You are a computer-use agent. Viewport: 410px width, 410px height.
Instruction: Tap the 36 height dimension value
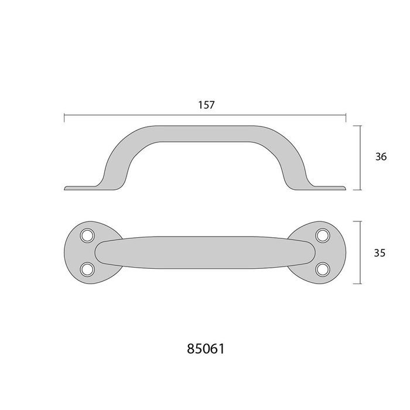click(x=380, y=156)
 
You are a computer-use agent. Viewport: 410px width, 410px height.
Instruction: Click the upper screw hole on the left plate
click(x=88, y=235)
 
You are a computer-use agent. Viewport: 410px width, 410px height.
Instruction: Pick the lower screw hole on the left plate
click(x=88, y=269)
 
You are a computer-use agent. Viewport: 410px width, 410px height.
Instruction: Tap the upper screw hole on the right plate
click(x=322, y=235)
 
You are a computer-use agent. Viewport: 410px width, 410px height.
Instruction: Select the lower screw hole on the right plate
click(x=322, y=269)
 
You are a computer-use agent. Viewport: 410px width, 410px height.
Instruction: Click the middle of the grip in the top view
click(x=205, y=252)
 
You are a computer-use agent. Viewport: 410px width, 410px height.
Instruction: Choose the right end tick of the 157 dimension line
click(x=346, y=118)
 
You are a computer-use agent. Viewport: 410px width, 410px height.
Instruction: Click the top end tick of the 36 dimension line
click(x=358, y=124)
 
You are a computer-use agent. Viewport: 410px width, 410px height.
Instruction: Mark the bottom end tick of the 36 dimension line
click(x=358, y=190)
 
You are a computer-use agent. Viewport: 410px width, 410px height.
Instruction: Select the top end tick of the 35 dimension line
click(x=358, y=221)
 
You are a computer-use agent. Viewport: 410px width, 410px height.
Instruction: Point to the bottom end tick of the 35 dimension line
click(x=358, y=283)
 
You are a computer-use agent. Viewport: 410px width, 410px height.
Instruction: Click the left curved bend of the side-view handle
click(x=119, y=152)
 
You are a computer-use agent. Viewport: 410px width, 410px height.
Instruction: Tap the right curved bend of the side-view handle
click(x=291, y=152)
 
